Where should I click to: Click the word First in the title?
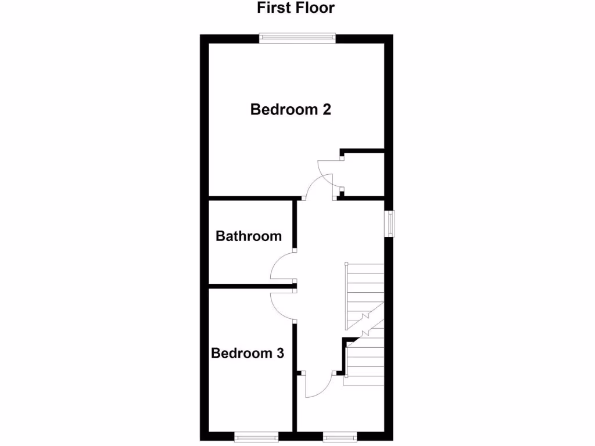[x=274, y=8]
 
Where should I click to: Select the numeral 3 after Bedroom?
[x=279, y=353]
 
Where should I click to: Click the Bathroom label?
[x=248, y=236]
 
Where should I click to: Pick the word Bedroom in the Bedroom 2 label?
[x=283, y=109]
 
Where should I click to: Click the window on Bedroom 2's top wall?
[x=297, y=38]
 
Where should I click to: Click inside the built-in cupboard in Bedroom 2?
[x=363, y=174]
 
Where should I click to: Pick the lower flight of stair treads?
[x=365, y=363]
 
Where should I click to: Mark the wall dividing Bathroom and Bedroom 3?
[x=250, y=285]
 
